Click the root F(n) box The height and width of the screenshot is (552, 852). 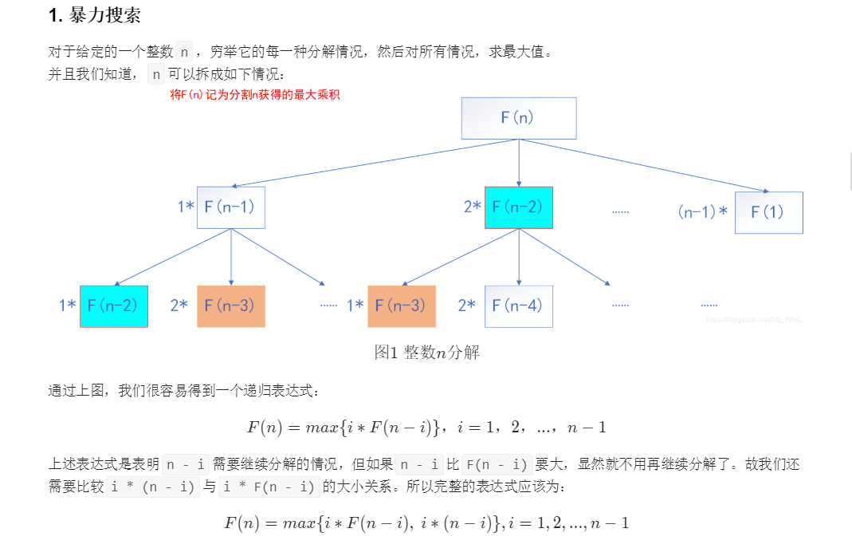[x=518, y=118]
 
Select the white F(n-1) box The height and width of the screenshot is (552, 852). [x=230, y=207]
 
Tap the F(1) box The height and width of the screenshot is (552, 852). [x=768, y=212]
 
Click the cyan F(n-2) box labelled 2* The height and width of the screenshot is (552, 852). [x=518, y=207]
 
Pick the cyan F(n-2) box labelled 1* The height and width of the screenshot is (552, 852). [x=114, y=306]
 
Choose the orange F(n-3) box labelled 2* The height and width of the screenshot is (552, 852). [x=230, y=306]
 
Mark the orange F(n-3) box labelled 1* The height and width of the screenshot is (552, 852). [x=401, y=306]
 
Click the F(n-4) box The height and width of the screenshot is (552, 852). [x=518, y=306]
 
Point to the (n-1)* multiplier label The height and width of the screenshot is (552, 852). [x=703, y=212]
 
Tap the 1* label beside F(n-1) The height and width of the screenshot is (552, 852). [x=186, y=207]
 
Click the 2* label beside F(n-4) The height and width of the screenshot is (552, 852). [x=467, y=306]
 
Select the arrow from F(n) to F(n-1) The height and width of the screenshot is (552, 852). [x=375, y=164]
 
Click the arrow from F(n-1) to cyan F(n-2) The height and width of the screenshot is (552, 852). [x=172, y=257]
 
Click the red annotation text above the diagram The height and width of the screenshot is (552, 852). [x=255, y=94]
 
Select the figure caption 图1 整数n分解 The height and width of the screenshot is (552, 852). [x=427, y=352]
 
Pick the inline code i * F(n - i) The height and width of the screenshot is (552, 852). [x=269, y=486]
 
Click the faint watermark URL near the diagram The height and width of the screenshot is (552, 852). [x=753, y=319]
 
